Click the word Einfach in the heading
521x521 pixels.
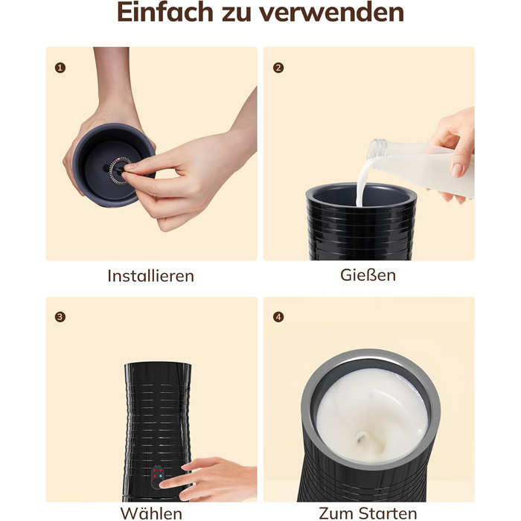(x=165, y=12)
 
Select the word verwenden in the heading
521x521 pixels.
(x=332, y=12)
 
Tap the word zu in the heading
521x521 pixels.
(x=236, y=14)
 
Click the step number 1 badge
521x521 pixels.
(x=60, y=68)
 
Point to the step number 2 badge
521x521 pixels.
(x=278, y=68)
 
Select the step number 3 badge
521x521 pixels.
(x=60, y=317)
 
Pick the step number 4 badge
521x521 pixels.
(x=278, y=317)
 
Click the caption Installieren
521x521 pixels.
(x=151, y=276)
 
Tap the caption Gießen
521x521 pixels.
(x=368, y=275)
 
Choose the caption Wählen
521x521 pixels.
(x=151, y=514)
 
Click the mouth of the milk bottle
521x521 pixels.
(x=374, y=149)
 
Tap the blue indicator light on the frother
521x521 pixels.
(x=161, y=476)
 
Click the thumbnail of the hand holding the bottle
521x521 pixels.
(x=457, y=170)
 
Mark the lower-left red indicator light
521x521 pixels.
(x=155, y=476)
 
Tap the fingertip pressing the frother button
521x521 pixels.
(x=164, y=485)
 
